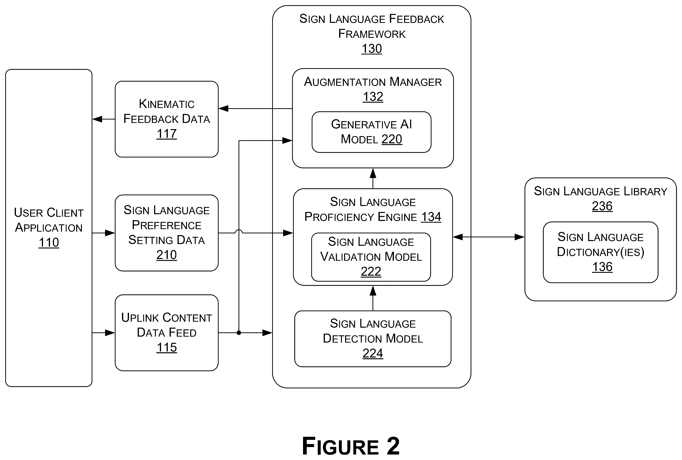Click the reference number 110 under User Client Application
[x=49, y=243]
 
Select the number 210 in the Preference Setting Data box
[x=167, y=255]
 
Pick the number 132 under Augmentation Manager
[x=373, y=97]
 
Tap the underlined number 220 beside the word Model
[x=392, y=139]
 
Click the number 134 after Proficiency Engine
[x=431, y=217]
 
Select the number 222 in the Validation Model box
[x=371, y=271]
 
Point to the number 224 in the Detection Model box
[x=373, y=353]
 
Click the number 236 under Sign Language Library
[x=602, y=206]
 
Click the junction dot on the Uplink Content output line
[x=239, y=333]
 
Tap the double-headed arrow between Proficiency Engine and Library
[x=489, y=237]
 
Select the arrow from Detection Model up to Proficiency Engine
[x=373, y=298]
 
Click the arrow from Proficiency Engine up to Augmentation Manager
[x=373, y=178]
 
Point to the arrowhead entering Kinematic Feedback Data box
[x=223, y=108]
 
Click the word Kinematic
[x=167, y=104]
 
